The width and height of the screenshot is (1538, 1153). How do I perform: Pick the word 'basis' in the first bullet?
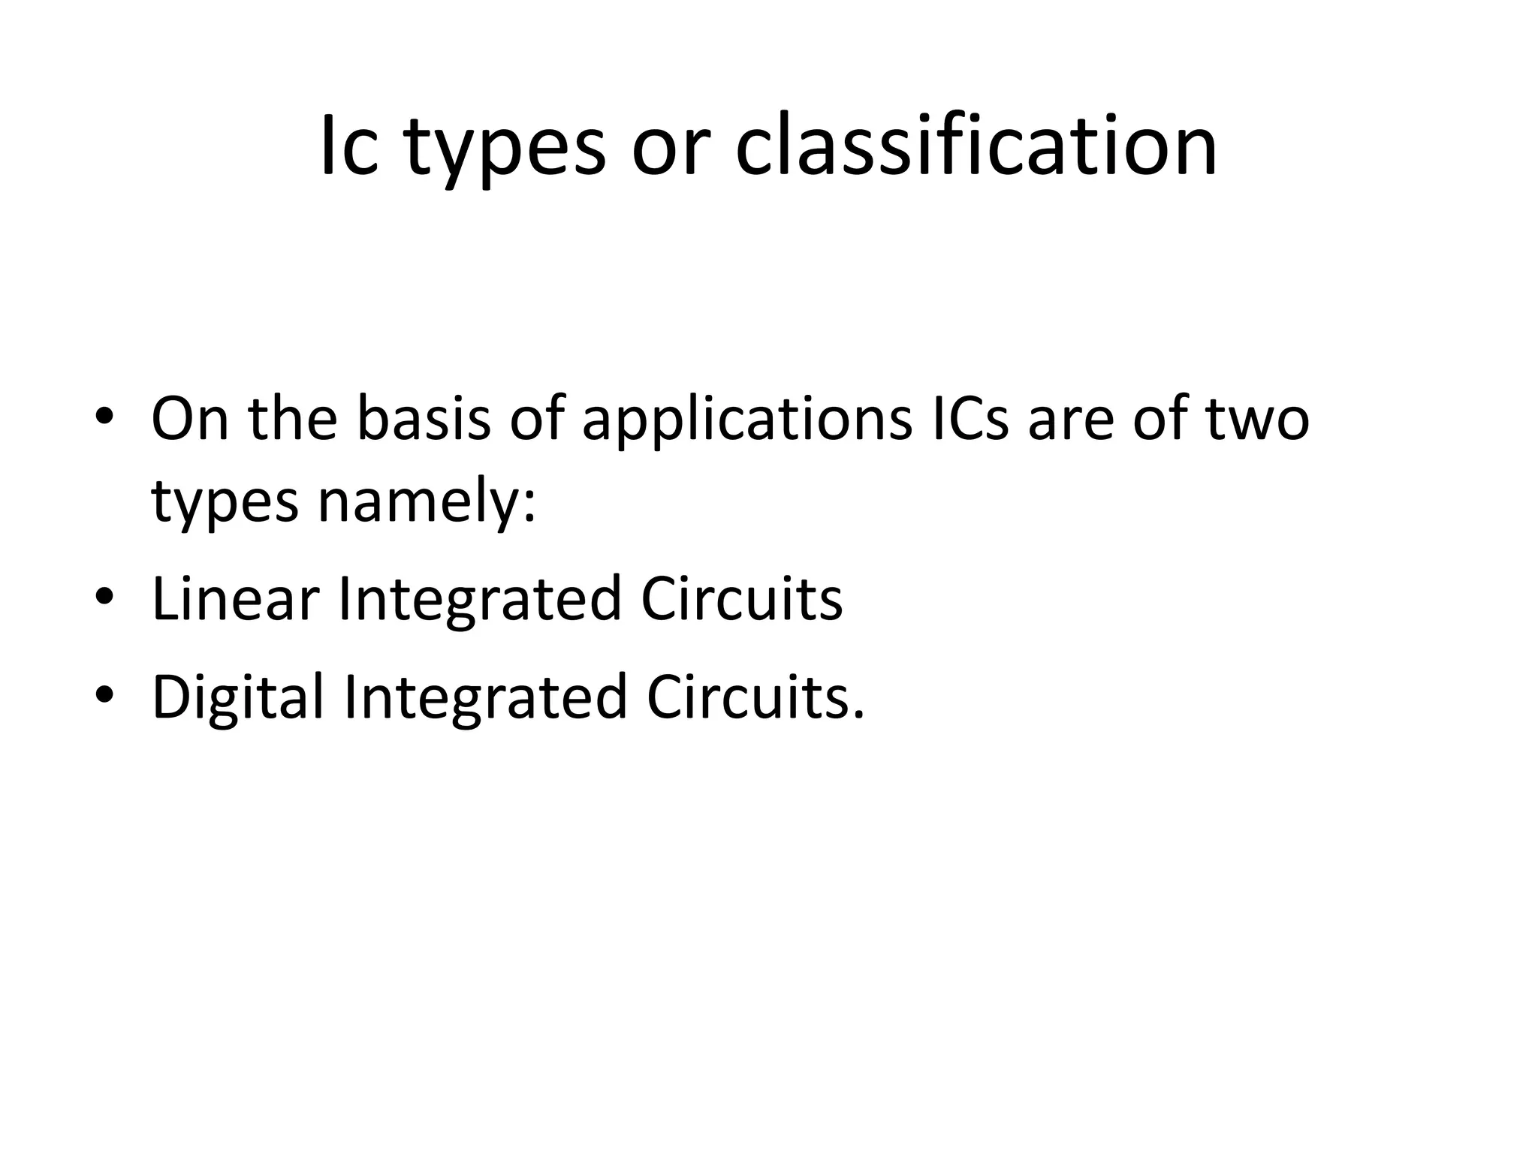424,418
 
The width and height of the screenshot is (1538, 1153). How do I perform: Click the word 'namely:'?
427,503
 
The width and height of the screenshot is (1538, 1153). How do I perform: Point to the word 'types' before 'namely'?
225,504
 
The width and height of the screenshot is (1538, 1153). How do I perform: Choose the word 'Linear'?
235,599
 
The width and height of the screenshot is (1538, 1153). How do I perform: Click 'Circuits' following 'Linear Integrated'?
742,599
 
